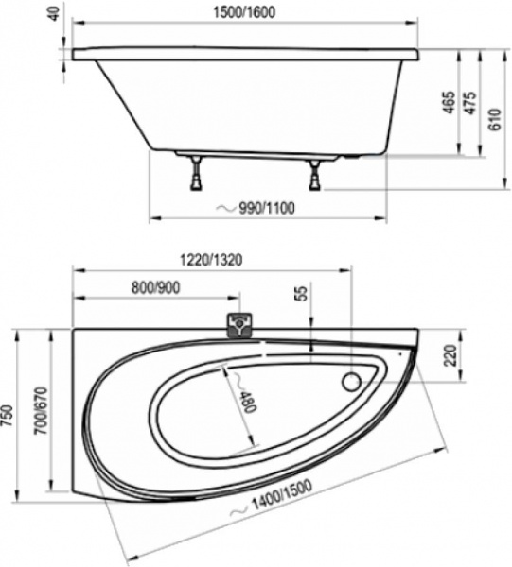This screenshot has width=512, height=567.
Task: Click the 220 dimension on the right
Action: coord(450,355)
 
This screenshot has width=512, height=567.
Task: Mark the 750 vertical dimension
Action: coord(10,416)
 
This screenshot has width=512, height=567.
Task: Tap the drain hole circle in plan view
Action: coord(352,383)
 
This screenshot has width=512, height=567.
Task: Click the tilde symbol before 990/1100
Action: coord(223,208)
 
